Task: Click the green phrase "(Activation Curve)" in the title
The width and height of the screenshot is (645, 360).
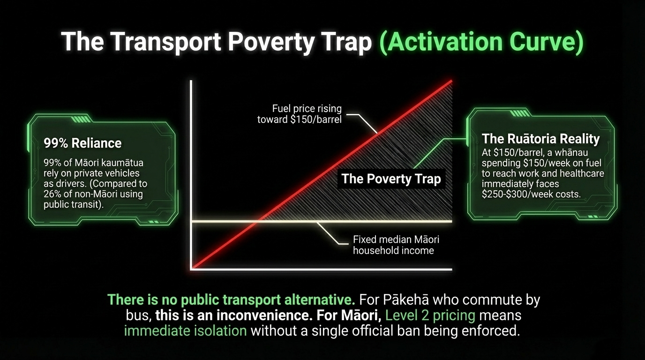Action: [x=481, y=42]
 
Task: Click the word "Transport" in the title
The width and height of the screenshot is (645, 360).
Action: [x=165, y=42]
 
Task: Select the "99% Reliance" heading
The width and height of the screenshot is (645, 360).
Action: [x=82, y=143]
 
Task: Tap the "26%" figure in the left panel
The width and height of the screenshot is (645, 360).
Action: [x=52, y=194]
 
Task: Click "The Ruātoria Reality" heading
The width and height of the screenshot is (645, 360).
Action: [x=541, y=139]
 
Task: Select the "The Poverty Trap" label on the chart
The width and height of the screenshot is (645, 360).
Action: [x=391, y=179]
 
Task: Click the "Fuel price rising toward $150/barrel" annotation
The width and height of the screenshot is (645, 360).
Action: [x=300, y=114]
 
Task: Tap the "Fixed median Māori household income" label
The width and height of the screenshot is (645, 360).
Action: [x=396, y=245]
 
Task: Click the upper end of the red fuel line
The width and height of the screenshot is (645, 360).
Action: [x=451, y=81]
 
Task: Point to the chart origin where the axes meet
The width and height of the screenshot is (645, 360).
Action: [x=191, y=269]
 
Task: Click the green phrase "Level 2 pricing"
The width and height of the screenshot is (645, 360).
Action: [x=430, y=315]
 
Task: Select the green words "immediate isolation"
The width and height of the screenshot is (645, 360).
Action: [x=186, y=330]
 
